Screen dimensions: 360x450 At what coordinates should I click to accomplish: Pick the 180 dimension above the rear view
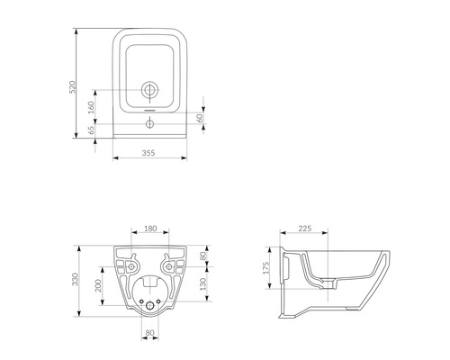pyautogui.click(x=150, y=229)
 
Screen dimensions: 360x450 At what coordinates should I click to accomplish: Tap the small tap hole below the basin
pyautogui.click(x=150, y=123)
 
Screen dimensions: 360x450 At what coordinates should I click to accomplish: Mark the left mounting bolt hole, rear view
pyautogui.click(x=130, y=266)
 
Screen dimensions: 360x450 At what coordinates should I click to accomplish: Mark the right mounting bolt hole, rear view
pyautogui.click(x=171, y=266)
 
